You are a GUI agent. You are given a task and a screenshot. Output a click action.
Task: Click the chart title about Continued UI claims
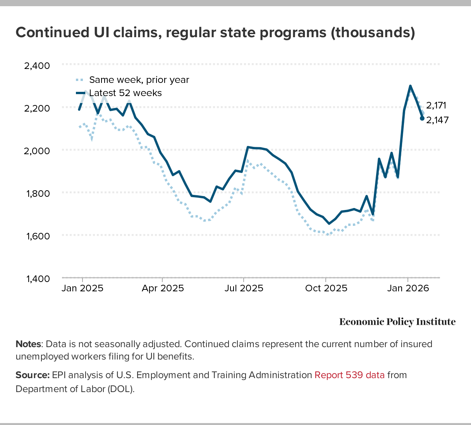215,33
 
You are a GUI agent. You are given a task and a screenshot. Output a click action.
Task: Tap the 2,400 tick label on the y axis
37,65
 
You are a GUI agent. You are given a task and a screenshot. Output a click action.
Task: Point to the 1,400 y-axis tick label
37,279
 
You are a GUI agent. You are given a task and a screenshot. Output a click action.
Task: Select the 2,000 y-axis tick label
37,150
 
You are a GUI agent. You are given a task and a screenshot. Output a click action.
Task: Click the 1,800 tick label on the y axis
37,193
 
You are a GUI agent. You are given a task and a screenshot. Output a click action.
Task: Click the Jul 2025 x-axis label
244,289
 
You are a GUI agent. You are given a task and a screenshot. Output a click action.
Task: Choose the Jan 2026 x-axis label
408,289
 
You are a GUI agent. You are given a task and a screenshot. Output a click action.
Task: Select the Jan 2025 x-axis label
83,289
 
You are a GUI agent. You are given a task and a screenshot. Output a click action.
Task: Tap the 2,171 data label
436,105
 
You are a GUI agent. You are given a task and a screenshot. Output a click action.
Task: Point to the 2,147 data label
437,120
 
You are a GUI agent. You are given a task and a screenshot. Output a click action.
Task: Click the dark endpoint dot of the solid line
422,119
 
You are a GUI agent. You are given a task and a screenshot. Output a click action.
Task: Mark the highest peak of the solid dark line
410,86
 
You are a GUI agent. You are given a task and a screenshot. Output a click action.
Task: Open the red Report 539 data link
349,375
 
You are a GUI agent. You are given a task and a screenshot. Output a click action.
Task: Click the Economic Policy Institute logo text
397,322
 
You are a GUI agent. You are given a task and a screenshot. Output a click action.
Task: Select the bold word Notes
28,344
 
